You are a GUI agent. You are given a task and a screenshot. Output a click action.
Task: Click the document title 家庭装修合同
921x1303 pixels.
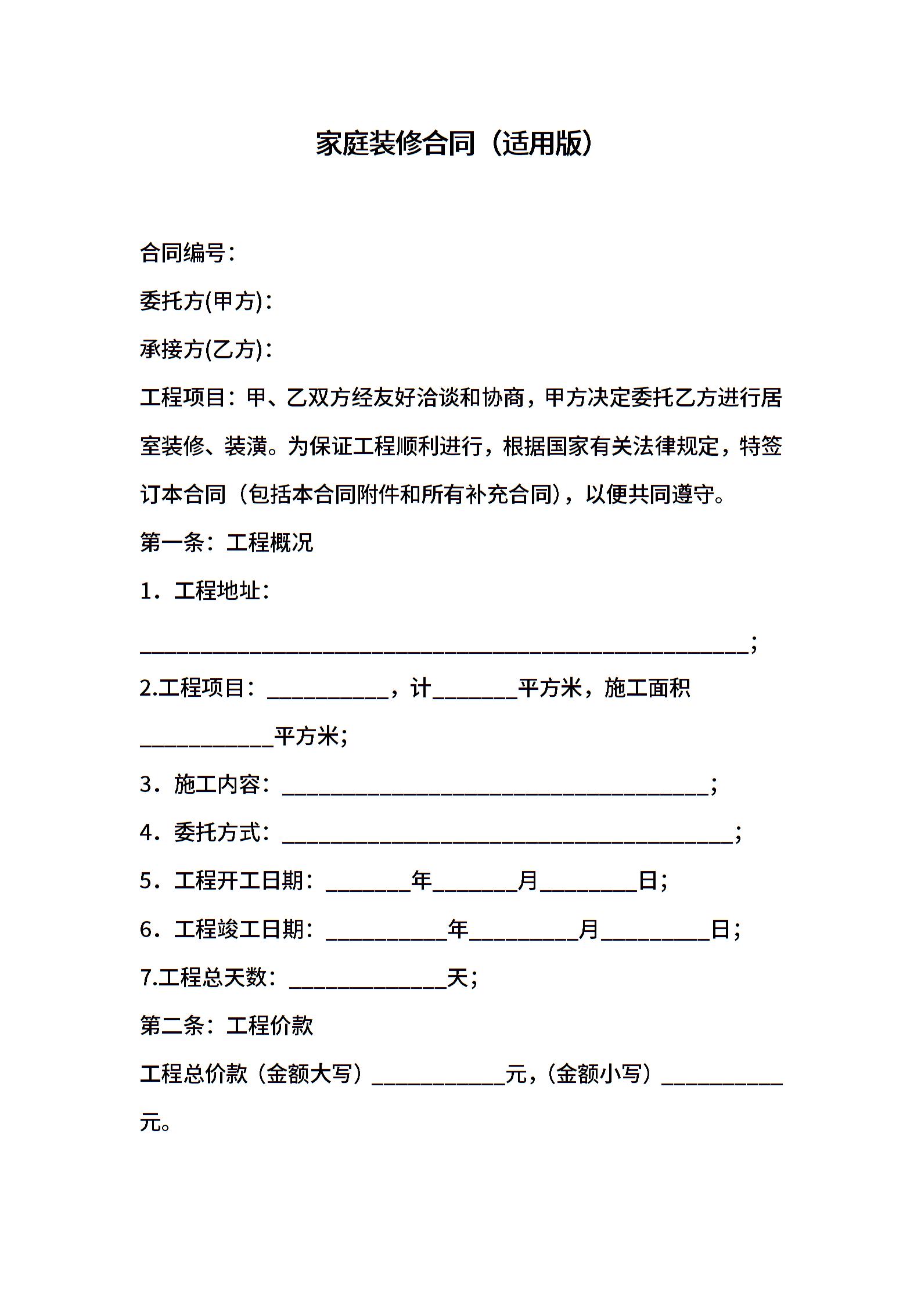395,143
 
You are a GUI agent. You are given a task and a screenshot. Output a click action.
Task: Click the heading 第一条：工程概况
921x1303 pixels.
226,542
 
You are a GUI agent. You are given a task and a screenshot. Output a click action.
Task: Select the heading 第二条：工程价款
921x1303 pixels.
226,1025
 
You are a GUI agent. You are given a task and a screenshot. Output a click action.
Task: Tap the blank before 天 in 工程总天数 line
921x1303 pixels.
368,982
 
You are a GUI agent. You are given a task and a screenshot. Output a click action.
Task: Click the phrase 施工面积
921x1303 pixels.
647,688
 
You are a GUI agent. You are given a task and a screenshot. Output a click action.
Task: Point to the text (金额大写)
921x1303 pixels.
310,1074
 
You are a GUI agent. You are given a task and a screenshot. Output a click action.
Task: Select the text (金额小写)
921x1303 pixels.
600,1074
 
